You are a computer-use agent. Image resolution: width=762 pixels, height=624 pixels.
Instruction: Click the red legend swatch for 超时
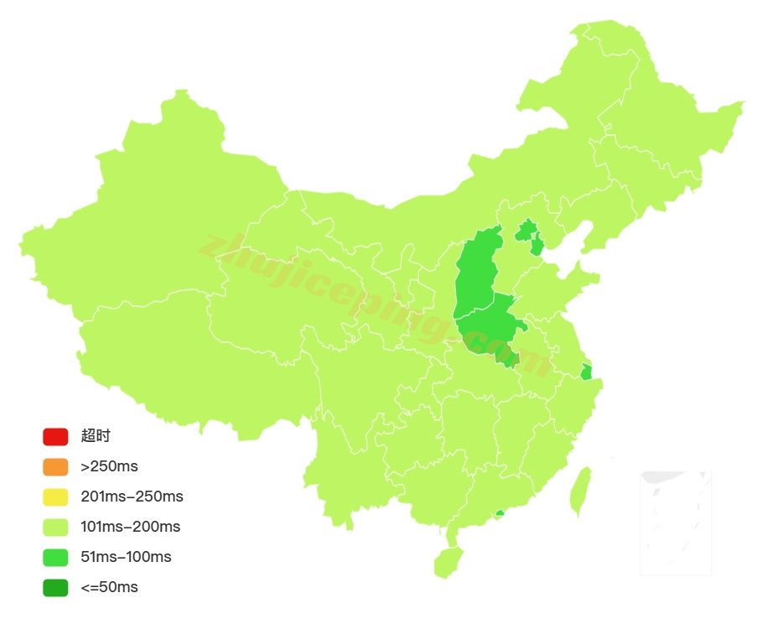(x=55, y=436)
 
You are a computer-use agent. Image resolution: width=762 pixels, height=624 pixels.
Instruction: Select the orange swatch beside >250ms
(x=55, y=466)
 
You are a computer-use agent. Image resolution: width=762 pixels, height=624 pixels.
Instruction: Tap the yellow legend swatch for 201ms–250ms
(x=55, y=497)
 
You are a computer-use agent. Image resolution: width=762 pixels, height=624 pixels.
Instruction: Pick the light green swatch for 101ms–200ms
(x=55, y=527)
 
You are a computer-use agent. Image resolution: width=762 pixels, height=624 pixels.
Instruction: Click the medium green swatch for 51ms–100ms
(x=55, y=557)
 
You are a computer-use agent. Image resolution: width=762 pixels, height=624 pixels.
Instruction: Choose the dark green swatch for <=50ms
(x=55, y=587)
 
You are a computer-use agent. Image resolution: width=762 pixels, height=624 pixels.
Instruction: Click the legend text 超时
(x=96, y=436)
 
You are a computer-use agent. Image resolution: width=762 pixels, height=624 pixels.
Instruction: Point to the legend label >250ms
(x=109, y=466)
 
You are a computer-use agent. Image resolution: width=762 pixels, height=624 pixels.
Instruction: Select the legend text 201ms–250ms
(x=132, y=497)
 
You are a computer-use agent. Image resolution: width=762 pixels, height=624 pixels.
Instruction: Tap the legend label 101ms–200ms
(x=130, y=527)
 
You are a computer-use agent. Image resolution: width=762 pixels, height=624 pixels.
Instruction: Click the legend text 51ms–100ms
(x=126, y=557)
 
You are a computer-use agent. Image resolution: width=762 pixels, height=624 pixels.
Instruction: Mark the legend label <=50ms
(x=109, y=587)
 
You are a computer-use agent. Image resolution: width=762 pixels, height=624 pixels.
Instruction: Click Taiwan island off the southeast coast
(x=580, y=491)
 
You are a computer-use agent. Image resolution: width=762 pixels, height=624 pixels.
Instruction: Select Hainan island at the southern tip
(x=448, y=560)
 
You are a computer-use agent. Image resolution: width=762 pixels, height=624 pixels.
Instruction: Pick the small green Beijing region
(x=526, y=230)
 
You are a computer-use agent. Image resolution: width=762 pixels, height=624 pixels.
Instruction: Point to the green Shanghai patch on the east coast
(x=586, y=372)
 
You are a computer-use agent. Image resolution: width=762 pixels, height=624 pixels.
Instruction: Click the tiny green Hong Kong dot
(x=500, y=512)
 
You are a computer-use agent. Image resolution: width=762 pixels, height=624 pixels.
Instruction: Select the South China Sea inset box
(x=676, y=523)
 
